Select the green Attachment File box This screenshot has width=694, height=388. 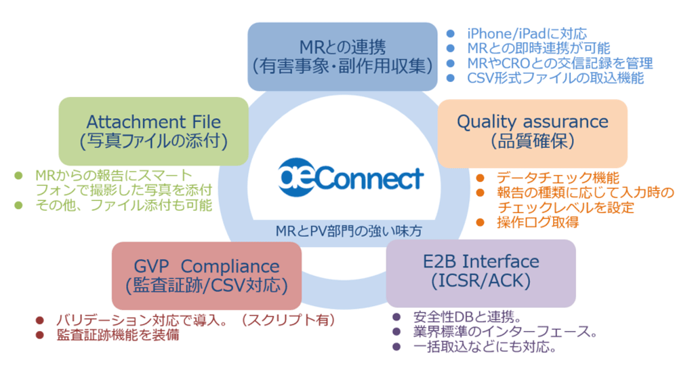click(x=153, y=131)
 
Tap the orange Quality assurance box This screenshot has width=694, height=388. click(x=532, y=132)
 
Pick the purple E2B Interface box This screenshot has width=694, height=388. click(x=481, y=271)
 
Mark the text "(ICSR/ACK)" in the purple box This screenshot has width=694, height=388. click(x=481, y=281)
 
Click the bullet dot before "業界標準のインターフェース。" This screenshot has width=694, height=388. click(x=396, y=332)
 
